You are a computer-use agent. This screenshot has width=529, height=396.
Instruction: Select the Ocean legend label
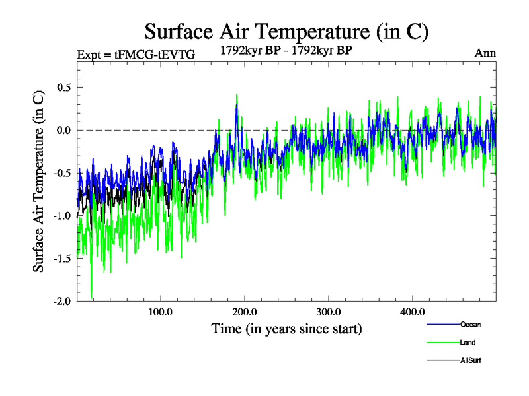tap(469, 325)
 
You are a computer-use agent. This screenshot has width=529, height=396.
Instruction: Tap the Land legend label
tap(468, 343)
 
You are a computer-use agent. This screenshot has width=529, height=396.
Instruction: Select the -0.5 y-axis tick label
tap(61, 173)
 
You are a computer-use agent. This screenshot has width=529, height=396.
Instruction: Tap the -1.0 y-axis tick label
tap(61, 216)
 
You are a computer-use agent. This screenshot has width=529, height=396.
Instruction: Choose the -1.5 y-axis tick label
tap(61, 258)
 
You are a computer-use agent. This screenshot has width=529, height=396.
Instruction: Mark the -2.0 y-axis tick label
tap(61, 301)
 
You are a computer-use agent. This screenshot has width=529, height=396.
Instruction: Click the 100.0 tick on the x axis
tap(161, 312)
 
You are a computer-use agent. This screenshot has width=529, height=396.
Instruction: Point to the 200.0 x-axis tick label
tap(245, 312)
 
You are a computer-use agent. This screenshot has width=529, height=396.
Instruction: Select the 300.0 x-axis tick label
tap(329, 312)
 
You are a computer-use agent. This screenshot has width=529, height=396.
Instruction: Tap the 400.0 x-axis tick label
tap(413, 312)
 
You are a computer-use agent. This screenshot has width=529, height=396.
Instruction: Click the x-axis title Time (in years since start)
tap(286, 329)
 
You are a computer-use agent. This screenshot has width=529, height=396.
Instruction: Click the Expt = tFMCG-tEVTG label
tap(136, 54)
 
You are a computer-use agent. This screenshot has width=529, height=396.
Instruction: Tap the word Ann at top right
tap(485, 53)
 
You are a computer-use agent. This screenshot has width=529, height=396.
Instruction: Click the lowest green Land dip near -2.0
tap(91, 296)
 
